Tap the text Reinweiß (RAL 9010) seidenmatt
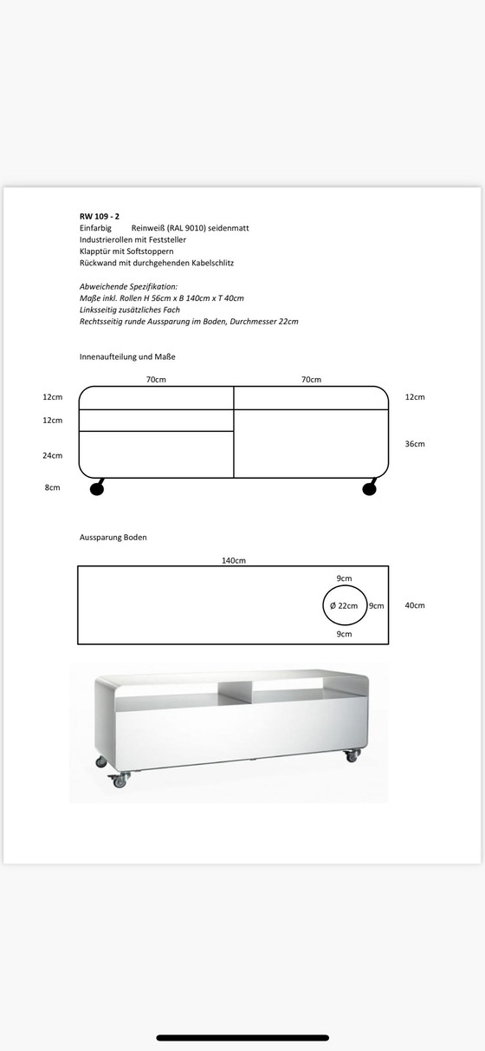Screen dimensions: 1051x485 point(190,227)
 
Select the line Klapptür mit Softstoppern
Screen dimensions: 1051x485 point(126,251)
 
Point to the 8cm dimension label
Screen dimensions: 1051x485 point(53,488)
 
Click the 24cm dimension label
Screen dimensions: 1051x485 point(53,455)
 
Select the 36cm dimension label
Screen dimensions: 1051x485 point(415,444)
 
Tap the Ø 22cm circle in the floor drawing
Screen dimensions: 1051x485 point(344,605)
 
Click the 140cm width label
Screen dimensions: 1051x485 point(234,560)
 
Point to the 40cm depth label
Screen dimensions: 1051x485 point(415,605)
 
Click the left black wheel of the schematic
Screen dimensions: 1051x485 point(97,490)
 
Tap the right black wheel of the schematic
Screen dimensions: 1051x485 point(370,490)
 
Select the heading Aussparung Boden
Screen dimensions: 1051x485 point(113,538)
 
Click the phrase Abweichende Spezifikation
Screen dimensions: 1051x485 point(128,286)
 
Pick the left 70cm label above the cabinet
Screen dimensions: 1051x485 point(156,380)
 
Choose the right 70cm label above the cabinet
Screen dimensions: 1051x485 point(311,380)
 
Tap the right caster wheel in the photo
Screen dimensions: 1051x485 point(352,755)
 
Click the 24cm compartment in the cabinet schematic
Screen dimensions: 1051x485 point(156,454)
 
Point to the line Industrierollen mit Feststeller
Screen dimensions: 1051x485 point(133,239)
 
